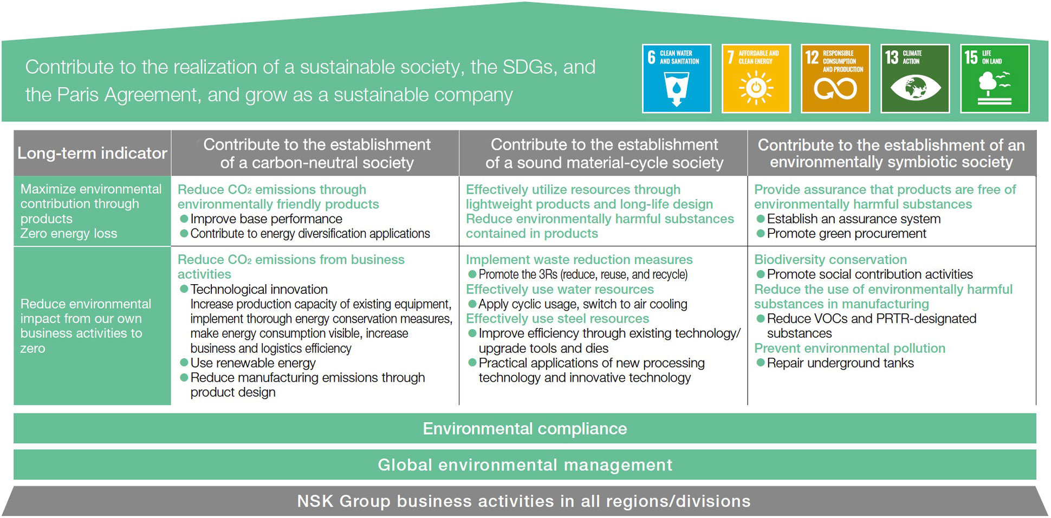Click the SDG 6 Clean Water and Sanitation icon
click(677, 78)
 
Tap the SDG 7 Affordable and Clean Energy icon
click(756, 78)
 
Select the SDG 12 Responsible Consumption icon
click(835, 78)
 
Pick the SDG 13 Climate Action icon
click(915, 78)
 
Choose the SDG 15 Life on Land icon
click(995, 78)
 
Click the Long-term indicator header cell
click(92, 153)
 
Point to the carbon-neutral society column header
click(316, 153)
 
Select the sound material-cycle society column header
click(604, 153)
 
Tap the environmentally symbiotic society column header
click(892, 153)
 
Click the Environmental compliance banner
click(525, 429)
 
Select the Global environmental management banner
click(525, 465)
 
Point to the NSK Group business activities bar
click(525, 501)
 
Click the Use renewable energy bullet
click(248, 363)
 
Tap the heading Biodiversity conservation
click(831, 260)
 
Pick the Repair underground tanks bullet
click(835, 363)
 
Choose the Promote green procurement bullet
click(841, 234)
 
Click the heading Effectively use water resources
click(560, 290)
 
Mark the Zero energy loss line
click(69, 234)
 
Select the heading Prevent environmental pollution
click(849, 349)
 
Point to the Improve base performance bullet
click(261, 219)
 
